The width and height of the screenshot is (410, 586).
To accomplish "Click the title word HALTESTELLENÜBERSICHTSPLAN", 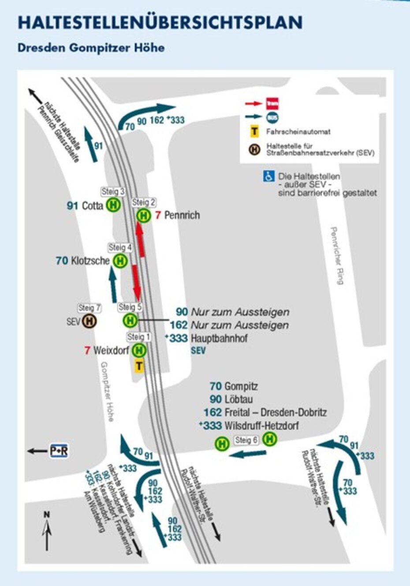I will point(160,22).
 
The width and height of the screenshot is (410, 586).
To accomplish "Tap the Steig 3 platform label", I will point(113,191).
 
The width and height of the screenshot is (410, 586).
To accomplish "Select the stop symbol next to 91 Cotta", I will point(113,205).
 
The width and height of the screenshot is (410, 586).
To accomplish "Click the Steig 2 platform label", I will point(144,202).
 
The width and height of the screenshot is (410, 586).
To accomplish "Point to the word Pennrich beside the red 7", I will point(182,216).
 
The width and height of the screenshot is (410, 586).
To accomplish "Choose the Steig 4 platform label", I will point(120,247).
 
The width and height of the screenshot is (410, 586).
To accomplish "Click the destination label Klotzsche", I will point(90,261).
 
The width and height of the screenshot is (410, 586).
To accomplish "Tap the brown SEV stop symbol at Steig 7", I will point(89,321).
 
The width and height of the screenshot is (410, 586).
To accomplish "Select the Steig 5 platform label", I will point(130,307).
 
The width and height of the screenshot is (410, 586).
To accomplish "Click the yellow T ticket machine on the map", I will point(139,366).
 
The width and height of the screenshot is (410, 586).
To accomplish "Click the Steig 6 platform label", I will point(246,440).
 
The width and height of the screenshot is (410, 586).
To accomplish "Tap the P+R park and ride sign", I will point(59,451).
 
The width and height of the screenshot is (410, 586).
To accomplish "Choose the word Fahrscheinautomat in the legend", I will point(298,132).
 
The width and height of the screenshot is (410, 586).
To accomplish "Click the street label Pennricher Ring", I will point(337,256).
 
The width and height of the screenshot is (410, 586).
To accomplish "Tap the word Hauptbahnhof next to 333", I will point(219,339).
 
